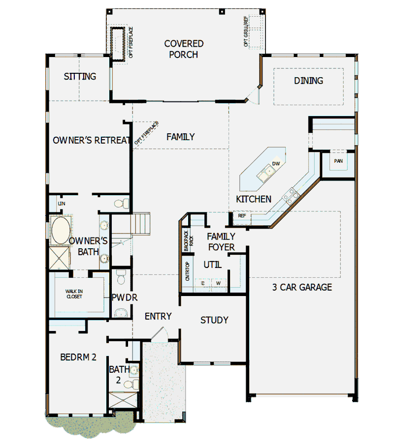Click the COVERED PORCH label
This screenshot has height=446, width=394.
pos(184,49)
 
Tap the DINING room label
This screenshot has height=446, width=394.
pos(308,81)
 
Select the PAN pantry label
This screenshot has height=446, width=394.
pos(338,161)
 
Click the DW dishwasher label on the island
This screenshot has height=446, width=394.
pos(276,164)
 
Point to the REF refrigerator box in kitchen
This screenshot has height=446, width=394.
pos(242,216)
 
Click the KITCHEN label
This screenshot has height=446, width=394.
pos(254,199)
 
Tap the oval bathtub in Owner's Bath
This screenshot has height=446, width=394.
pos(60,230)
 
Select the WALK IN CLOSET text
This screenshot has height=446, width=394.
pos(74,294)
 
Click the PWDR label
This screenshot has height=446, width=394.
pos(124,297)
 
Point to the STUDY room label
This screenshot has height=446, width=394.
pos(214,320)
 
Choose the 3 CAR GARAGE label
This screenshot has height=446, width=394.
pos(302,287)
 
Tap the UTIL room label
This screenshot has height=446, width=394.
pos(213,265)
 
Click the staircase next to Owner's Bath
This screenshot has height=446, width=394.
pos(140,224)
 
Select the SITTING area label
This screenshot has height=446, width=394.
pos(80,77)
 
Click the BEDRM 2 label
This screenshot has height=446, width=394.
pos(78,357)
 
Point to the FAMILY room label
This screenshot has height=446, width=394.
pos(180,137)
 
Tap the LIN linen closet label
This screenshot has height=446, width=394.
pos(61,203)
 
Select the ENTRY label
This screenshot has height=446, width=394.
pos(158,316)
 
